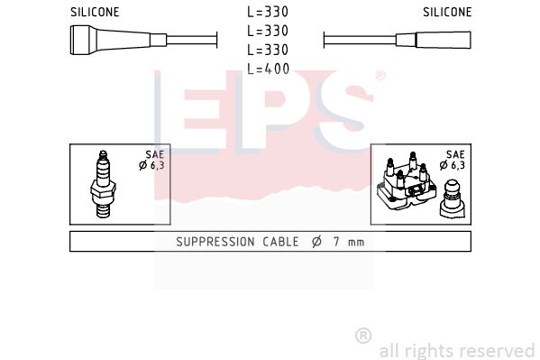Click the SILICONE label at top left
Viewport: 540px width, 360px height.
(x=95, y=12)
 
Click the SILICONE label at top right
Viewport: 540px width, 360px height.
(x=447, y=12)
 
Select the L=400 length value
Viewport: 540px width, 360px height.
(x=269, y=69)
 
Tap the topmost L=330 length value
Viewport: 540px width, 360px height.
(x=268, y=12)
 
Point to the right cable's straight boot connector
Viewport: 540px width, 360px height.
(x=434, y=40)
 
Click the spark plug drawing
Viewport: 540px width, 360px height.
(x=103, y=184)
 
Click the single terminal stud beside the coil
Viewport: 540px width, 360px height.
(x=453, y=199)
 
